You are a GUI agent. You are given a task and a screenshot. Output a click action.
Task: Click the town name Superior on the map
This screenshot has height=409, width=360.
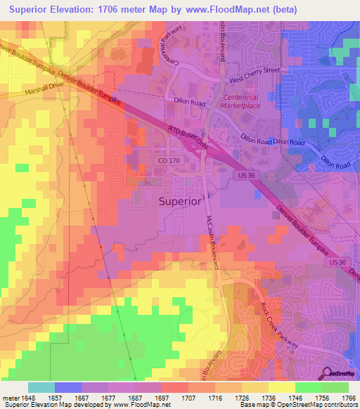[178, 200]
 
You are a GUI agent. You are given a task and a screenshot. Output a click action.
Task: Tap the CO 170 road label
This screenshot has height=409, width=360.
[168, 161]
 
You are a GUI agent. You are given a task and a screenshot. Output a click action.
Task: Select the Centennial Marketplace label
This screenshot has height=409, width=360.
[241, 101]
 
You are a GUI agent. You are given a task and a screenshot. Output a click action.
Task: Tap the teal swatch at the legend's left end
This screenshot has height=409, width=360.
[41, 387]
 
